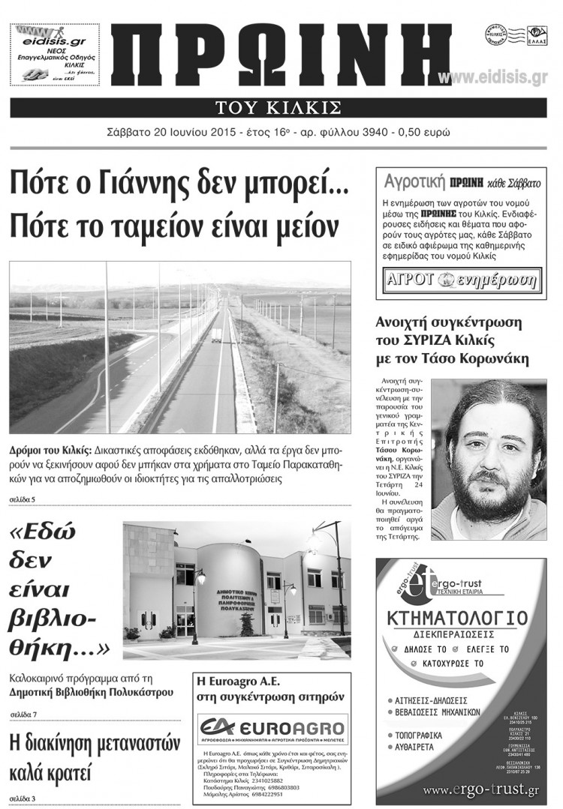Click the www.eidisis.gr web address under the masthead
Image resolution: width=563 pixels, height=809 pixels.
click(492, 77)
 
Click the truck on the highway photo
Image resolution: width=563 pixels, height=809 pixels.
click(215, 337)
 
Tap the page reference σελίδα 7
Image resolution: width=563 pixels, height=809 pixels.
click(24, 713)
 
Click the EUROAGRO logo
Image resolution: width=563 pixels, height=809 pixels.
click(273, 728)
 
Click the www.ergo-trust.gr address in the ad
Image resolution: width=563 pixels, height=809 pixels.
click(480, 790)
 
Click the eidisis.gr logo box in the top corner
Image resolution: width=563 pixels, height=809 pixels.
click(53, 53)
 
